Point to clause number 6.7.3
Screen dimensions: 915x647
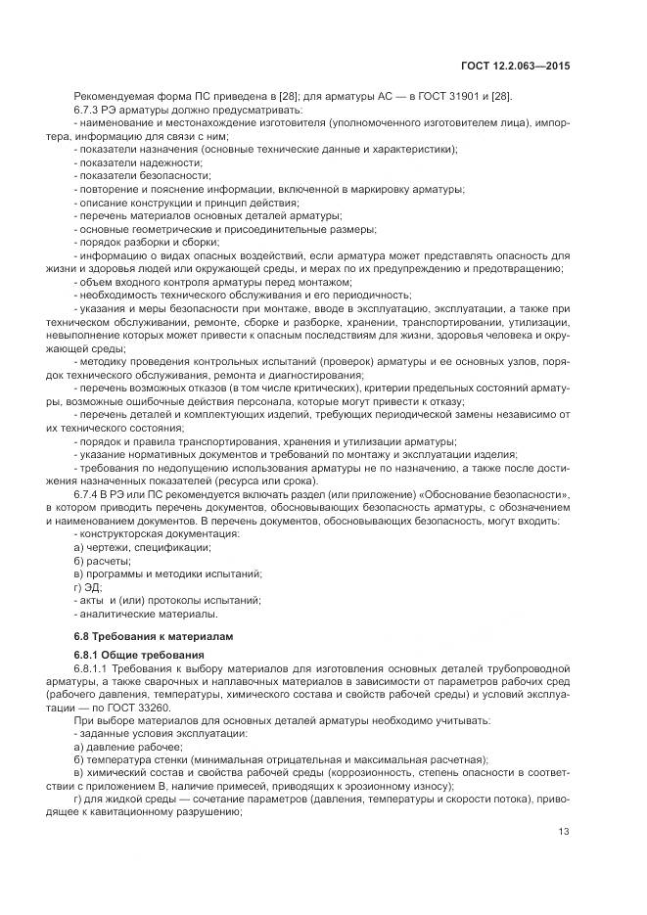pos(87,109)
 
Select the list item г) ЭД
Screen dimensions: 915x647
pos(88,587)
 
